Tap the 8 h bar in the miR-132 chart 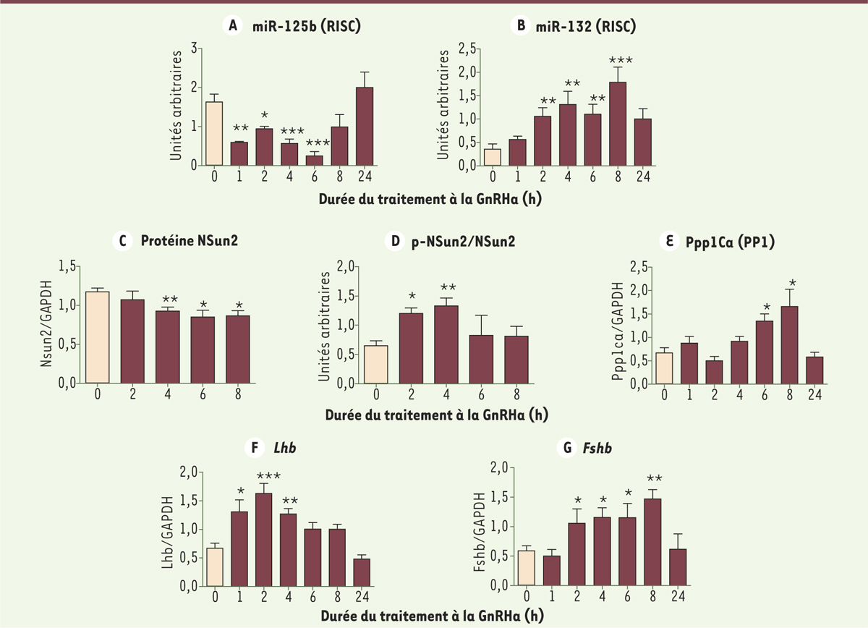tap(616, 124)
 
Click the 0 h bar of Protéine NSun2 tap(96, 337)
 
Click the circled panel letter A tap(231, 27)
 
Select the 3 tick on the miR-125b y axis tap(194, 48)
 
